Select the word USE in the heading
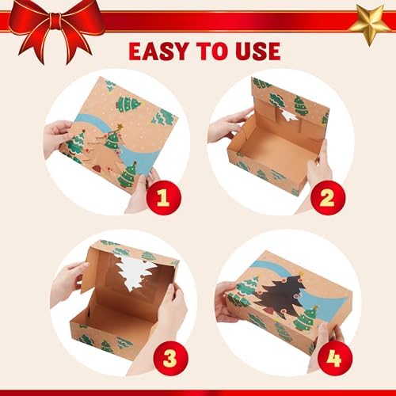(253, 51)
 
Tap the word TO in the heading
(211, 51)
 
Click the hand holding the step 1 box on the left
(58, 136)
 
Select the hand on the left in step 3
(67, 281)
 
